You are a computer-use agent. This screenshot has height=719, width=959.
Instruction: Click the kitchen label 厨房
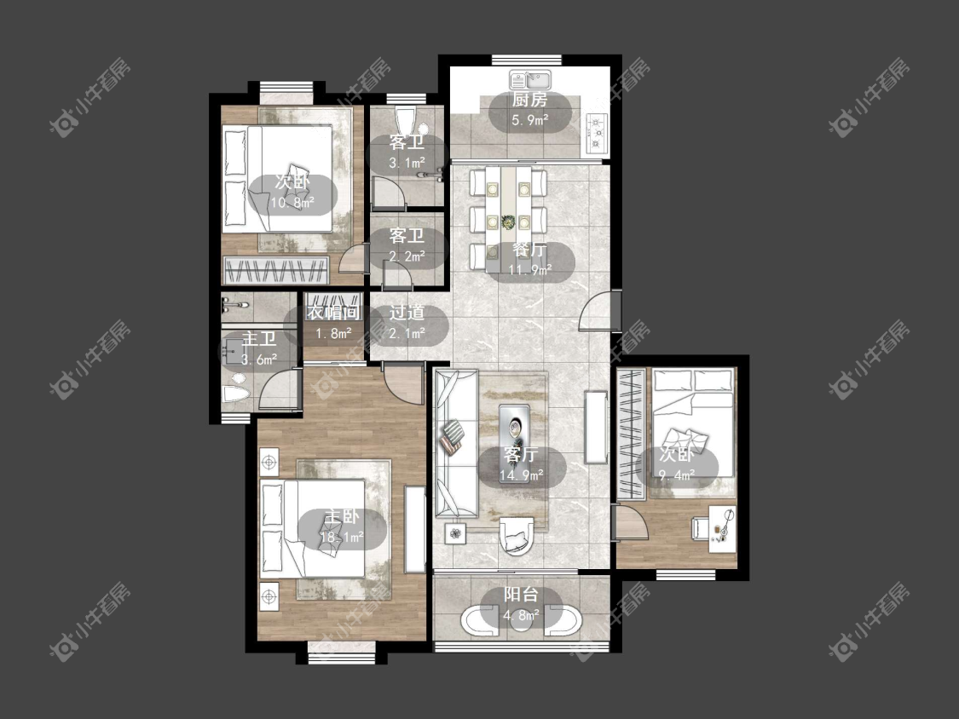tap(529, 101)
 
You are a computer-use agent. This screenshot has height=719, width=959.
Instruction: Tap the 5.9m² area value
tap(529, 120)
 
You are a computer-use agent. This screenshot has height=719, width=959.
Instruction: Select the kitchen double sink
tap(530, 79)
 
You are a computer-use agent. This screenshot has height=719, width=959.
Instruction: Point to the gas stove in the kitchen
tap(596, 133)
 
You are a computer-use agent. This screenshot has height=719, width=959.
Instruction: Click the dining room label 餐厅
tap(529, 250)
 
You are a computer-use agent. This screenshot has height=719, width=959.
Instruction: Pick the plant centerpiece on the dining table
tap(508, 221)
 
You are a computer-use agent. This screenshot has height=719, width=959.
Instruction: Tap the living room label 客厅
tap(521, 454)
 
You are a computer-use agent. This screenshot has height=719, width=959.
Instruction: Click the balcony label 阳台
tap(521, 595)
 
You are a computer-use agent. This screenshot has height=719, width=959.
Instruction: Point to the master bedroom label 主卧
tap(342, 517)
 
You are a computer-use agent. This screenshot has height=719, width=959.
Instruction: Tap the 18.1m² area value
tap(342, 537)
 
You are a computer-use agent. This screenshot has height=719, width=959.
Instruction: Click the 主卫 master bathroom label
tap(259, 339)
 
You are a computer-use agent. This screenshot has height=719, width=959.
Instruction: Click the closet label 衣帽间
tap(333, 313)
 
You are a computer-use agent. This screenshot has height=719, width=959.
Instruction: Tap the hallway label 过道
tap(407, 313)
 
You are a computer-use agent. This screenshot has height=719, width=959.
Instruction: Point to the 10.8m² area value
tap(293, 202)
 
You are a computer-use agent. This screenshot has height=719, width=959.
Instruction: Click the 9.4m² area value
tap(677, 475)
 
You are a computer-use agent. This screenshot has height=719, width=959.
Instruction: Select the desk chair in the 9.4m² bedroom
tap(701, 528)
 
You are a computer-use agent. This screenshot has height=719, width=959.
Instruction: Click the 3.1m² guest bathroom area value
tap(407, 163)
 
